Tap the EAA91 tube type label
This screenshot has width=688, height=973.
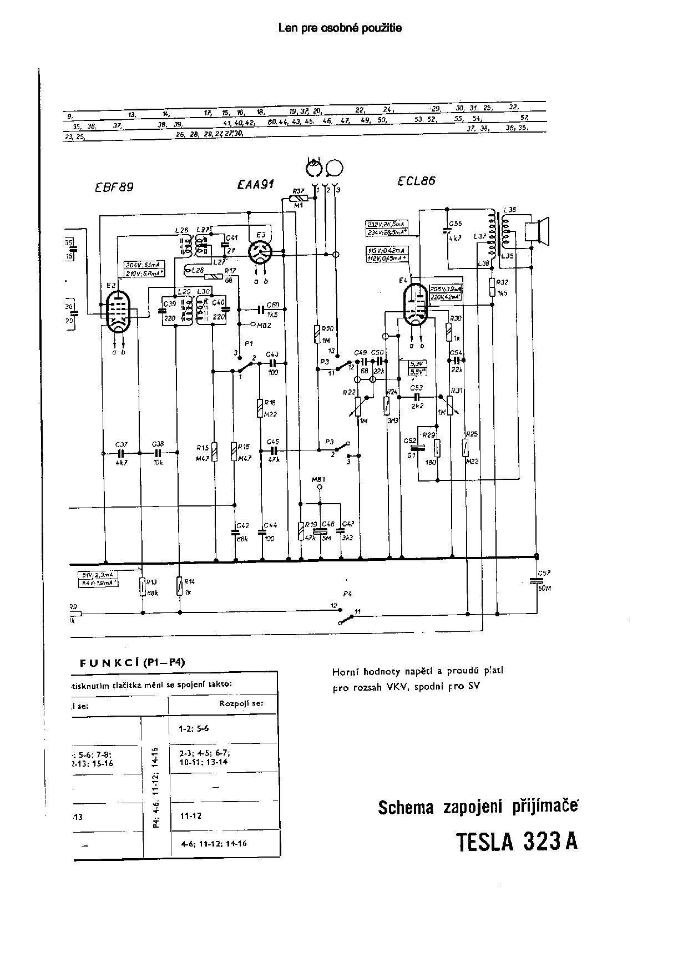click(x=255, y=185)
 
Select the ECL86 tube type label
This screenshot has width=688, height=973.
click(x=417, y=180)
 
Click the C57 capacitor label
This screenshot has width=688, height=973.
click(x=543, y=572)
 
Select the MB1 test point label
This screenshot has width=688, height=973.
click(x=318, y=479)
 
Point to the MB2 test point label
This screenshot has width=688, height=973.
click(x=264, y=325)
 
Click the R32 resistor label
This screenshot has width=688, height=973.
click(x=502, y=282)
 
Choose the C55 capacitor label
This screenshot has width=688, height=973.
click(x=456, y=224)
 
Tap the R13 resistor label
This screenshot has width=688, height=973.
click(x=152, y=581)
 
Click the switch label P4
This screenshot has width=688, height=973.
click(x=348, y=594)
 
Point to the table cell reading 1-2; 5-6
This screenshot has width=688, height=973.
click(x=194, y=729)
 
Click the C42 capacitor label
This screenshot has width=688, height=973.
click(x=242, y=525)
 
